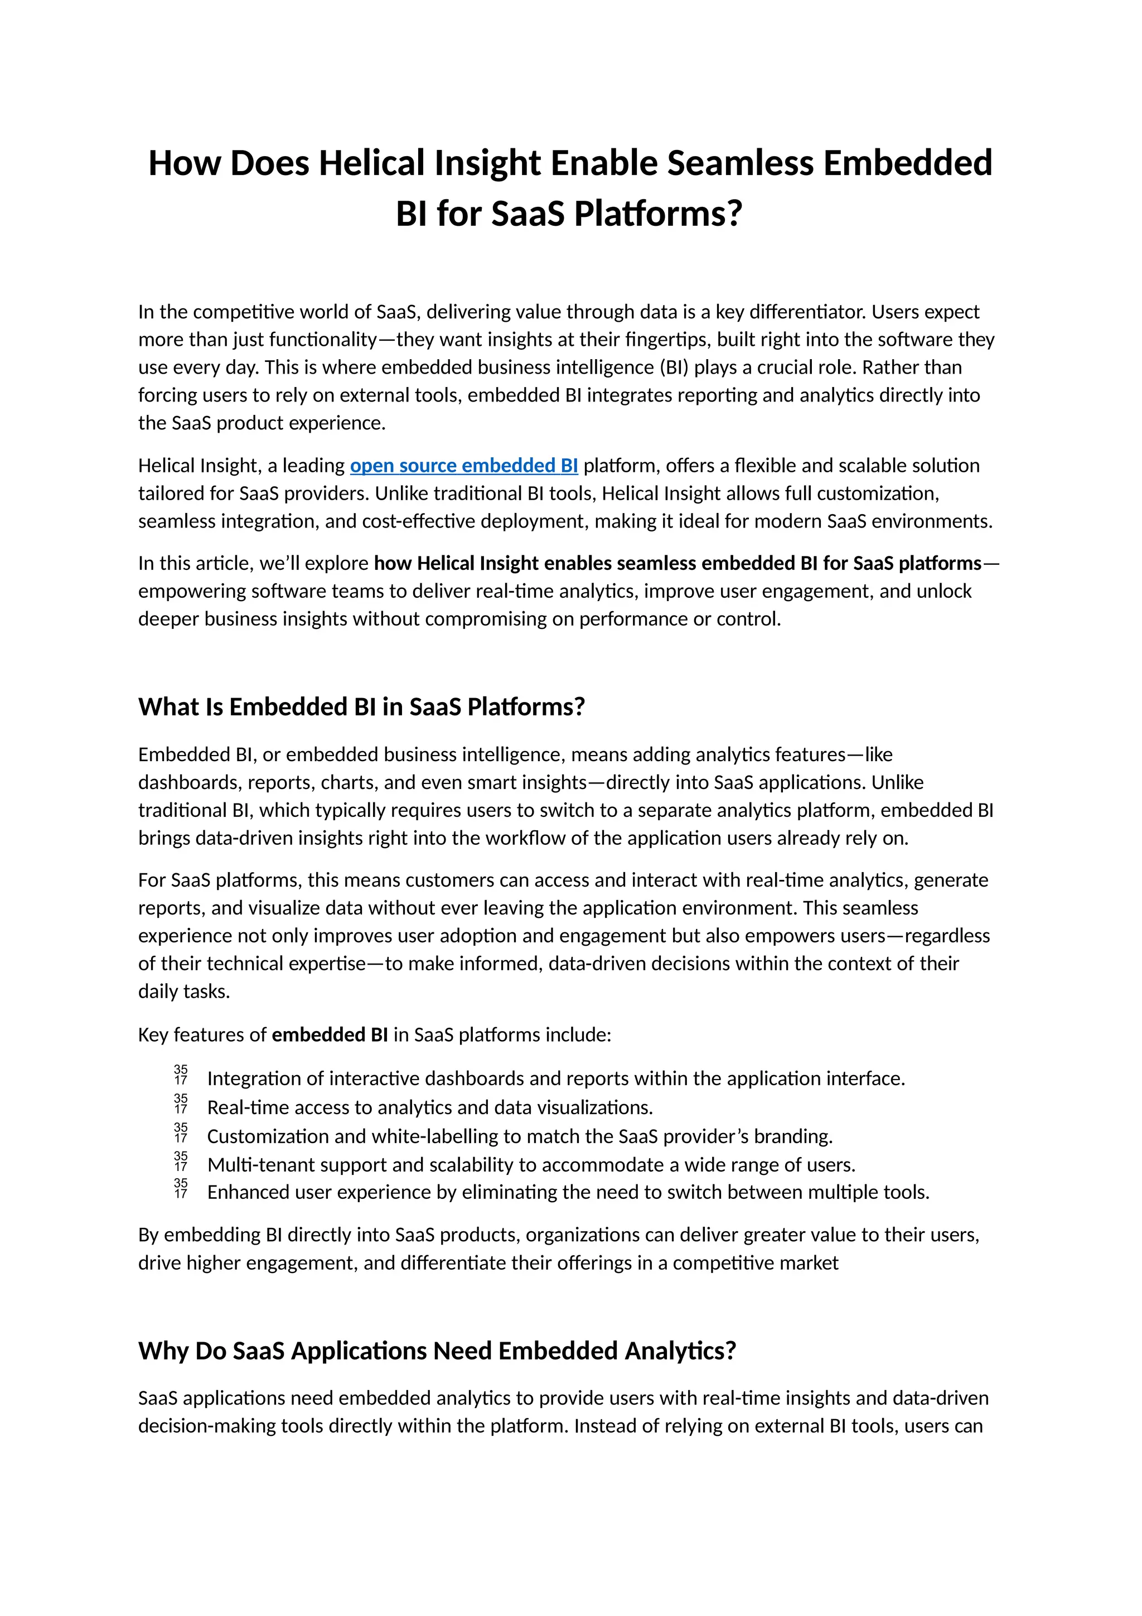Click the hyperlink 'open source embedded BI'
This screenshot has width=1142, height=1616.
click(x=464, y=466)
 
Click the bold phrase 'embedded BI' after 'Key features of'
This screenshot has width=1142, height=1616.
click(x=330, y=1034)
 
